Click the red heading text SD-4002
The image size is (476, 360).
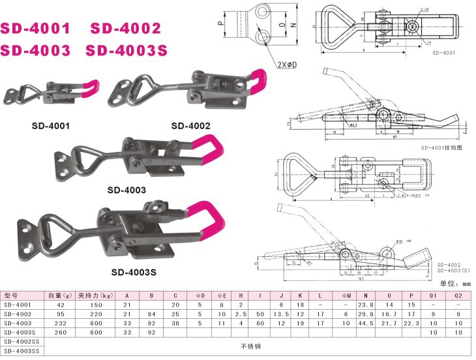point(125,29)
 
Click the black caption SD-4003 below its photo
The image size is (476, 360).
point(126,190)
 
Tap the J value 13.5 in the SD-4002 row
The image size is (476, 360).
point(281,314)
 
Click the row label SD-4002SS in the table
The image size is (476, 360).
point(22,341)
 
